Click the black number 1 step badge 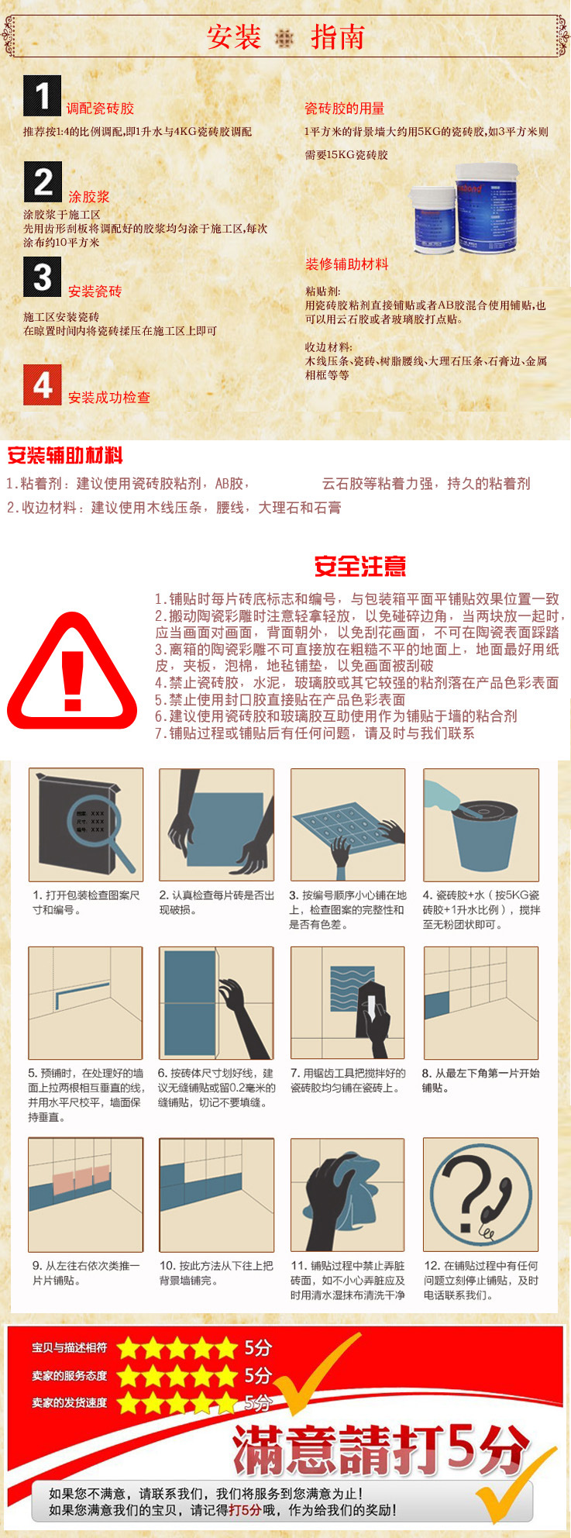coord(42,95)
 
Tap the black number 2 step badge coord(43,181)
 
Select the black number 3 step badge coord(43,276)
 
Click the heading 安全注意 coord(360,567)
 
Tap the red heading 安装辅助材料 coord(65,456)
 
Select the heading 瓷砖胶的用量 coord(344,109)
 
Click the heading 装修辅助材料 coord(346,264)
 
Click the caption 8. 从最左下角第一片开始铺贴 coord(480,1081)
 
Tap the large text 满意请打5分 coord(380,1450)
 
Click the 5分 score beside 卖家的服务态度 coord(258,1375)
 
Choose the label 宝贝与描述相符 coord(70,1348)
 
